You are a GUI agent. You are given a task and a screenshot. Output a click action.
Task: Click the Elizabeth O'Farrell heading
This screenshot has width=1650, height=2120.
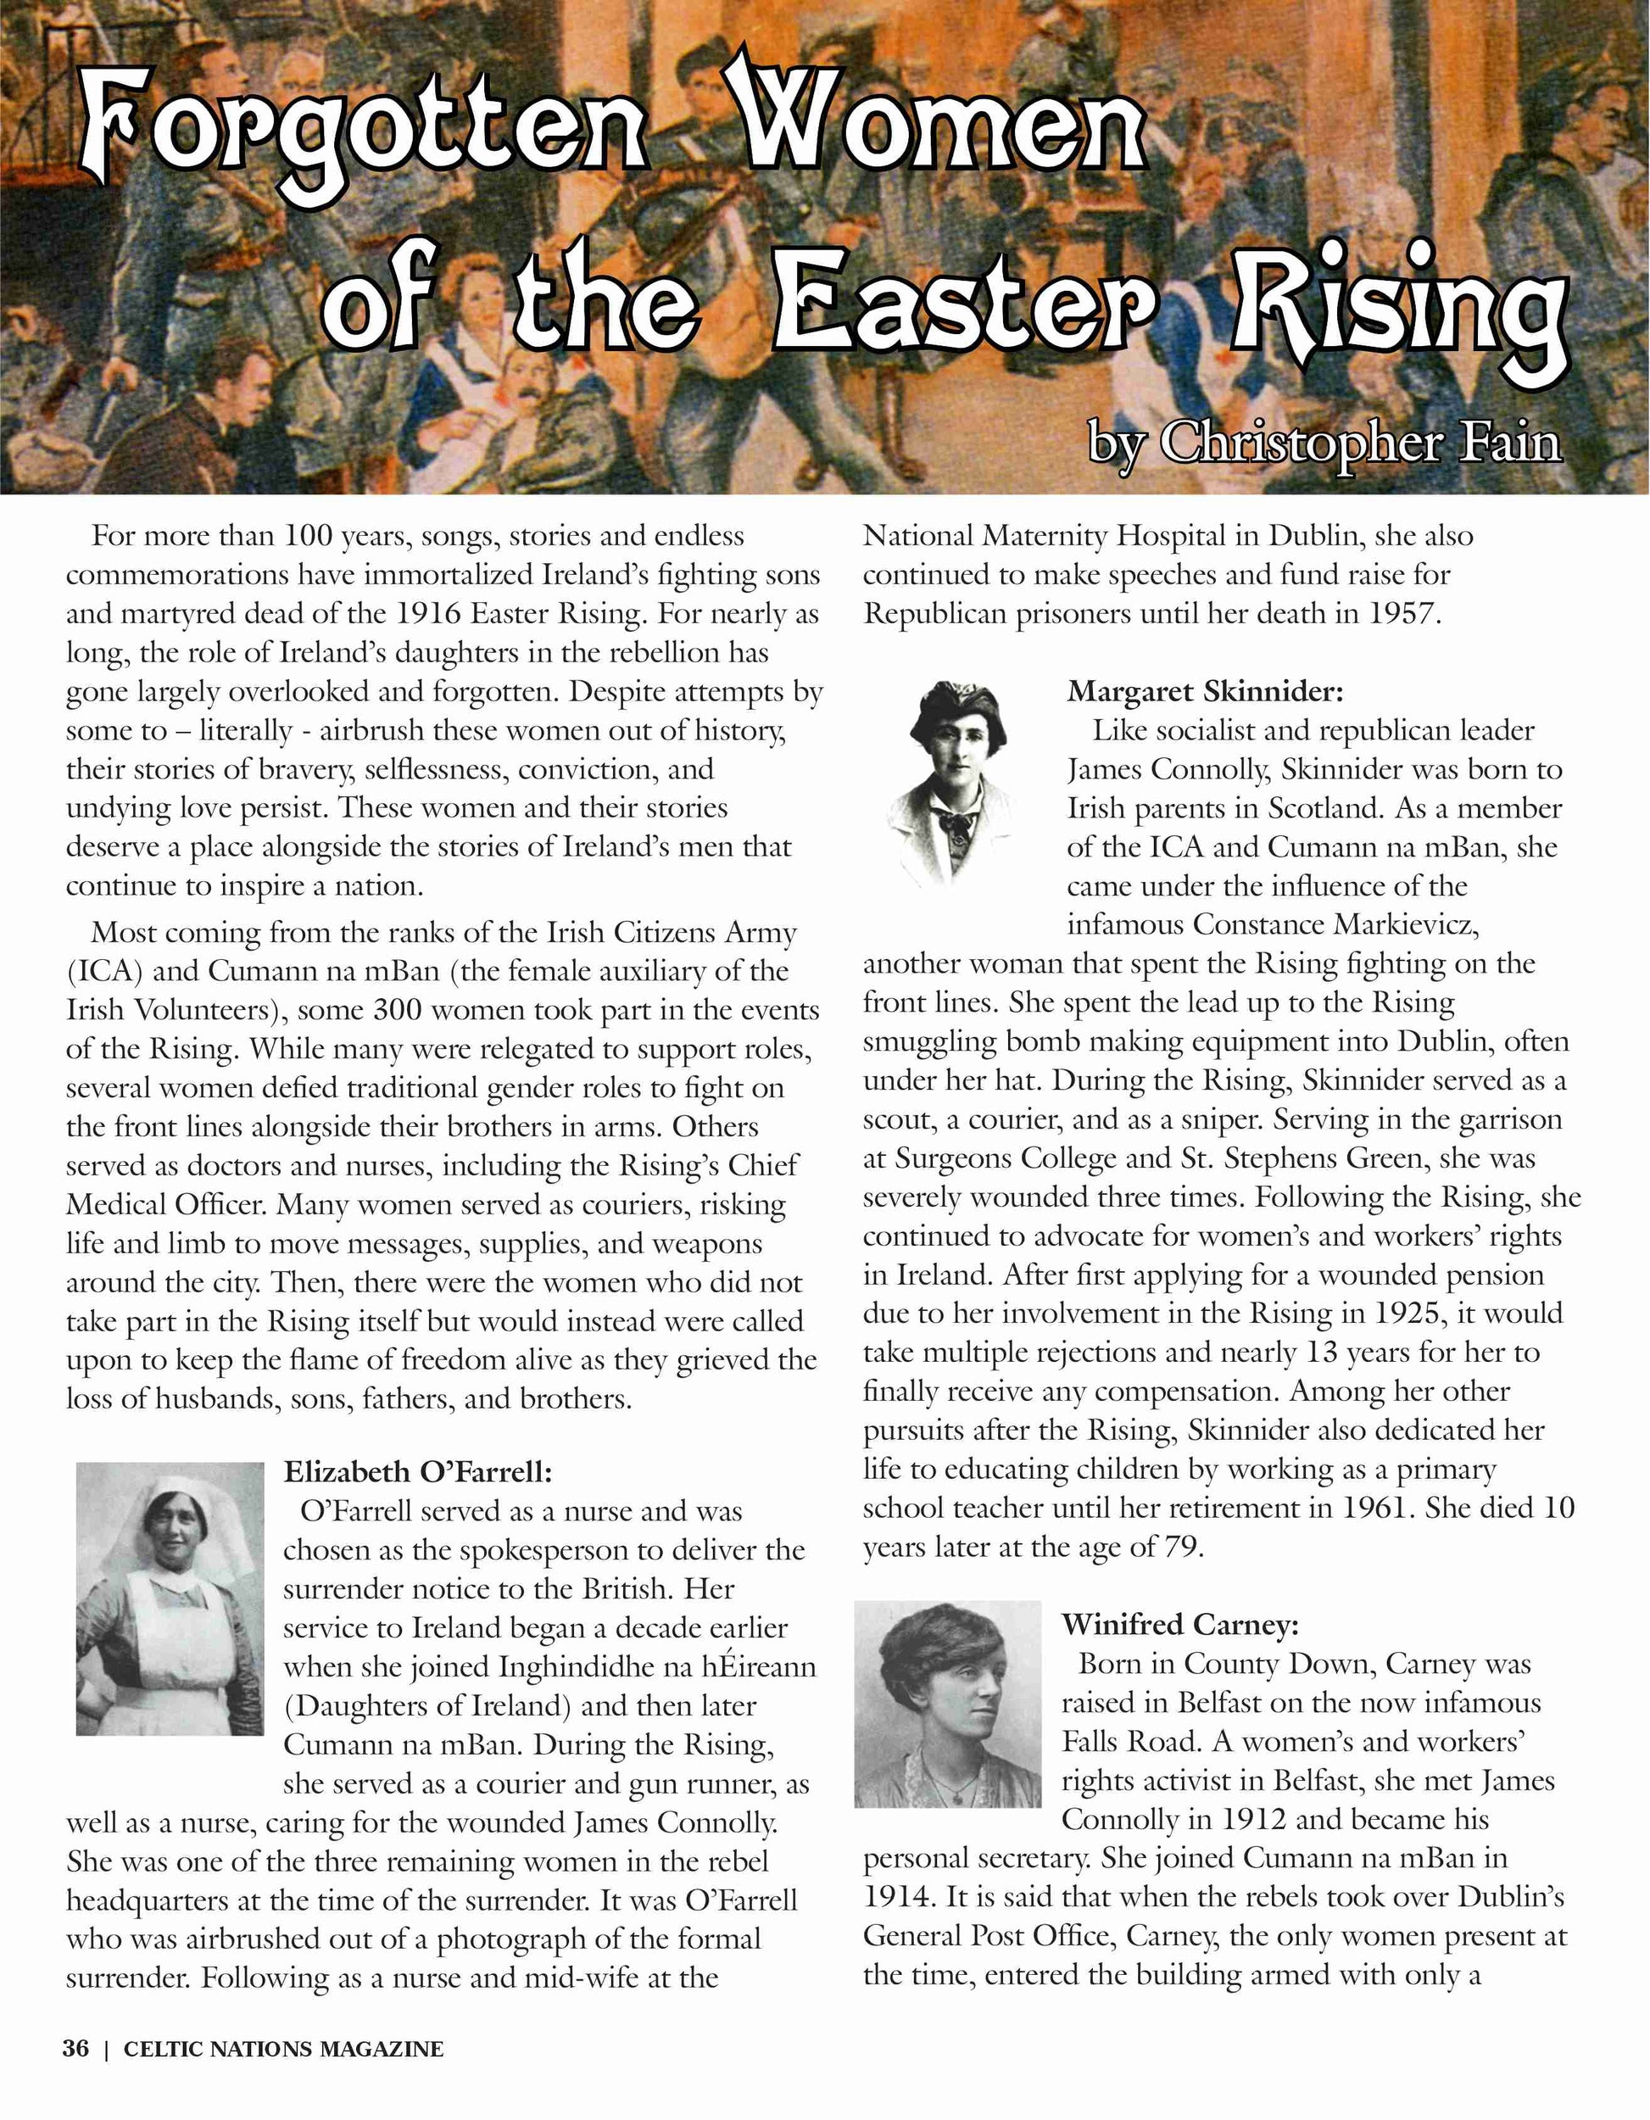pyautogui.click(x=417, y=1471)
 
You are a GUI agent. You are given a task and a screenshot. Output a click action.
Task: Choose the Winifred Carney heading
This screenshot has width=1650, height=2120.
pyautogui.click(x=1179, y=1624)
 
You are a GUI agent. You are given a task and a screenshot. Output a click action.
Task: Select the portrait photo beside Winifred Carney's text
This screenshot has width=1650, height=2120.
pyautogui.click(x=947, y=1704)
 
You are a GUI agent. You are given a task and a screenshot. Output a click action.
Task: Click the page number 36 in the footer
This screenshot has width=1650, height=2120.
pyautogui.click(x=75, y=2048)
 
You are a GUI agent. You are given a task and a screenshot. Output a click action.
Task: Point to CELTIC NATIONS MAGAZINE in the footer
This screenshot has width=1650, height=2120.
pyautogui.click(x=283, y=2049)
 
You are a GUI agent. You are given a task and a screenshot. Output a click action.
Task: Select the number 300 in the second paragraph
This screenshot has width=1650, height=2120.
pyautogui.click(x=398, y=1011)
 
